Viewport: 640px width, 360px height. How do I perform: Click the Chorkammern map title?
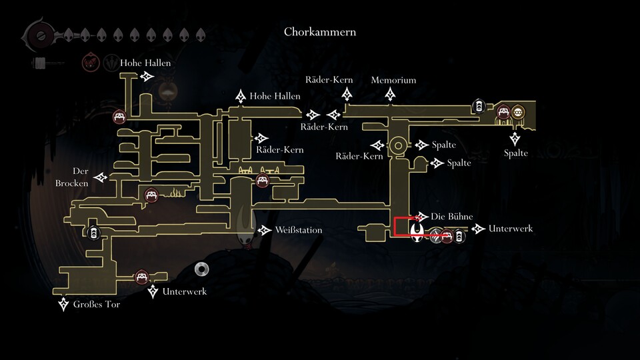click(319, 31)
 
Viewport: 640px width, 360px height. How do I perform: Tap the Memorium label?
click(393, 80)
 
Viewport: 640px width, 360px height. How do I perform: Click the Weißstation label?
click(298, 230)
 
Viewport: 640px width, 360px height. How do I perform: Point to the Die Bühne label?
click(452, 217)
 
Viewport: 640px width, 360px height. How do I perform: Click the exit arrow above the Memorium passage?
click(391, 96)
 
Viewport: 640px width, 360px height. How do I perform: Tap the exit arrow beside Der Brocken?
click(101, 177)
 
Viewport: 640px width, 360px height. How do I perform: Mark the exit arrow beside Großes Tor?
click(63, 305)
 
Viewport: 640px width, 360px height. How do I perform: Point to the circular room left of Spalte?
click(398, 145)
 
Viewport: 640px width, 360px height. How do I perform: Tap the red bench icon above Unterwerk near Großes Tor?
click(141, 277)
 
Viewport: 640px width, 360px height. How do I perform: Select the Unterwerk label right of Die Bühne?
click(511, 229)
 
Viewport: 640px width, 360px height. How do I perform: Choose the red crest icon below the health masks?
click(89, 63)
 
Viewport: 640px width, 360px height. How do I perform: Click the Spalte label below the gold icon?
click(516, 153)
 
